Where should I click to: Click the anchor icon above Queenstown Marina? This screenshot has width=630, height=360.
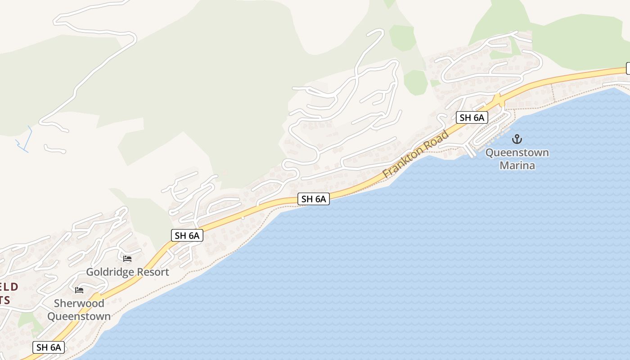517,139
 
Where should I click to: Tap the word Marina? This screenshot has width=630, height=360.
517,165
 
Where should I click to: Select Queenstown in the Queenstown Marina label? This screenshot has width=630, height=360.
517,153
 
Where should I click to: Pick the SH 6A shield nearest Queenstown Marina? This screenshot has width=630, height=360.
472,118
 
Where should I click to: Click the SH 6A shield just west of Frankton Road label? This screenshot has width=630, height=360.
314,199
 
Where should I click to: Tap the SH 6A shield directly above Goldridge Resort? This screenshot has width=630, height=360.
187,235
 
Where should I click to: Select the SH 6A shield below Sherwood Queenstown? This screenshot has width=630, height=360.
49,347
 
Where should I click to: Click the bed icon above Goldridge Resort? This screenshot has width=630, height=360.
127,259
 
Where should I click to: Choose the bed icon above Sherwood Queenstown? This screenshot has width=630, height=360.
79,290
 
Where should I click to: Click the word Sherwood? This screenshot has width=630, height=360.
79,303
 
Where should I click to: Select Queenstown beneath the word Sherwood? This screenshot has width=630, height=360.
79,316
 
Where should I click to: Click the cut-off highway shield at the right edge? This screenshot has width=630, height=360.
628,68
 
